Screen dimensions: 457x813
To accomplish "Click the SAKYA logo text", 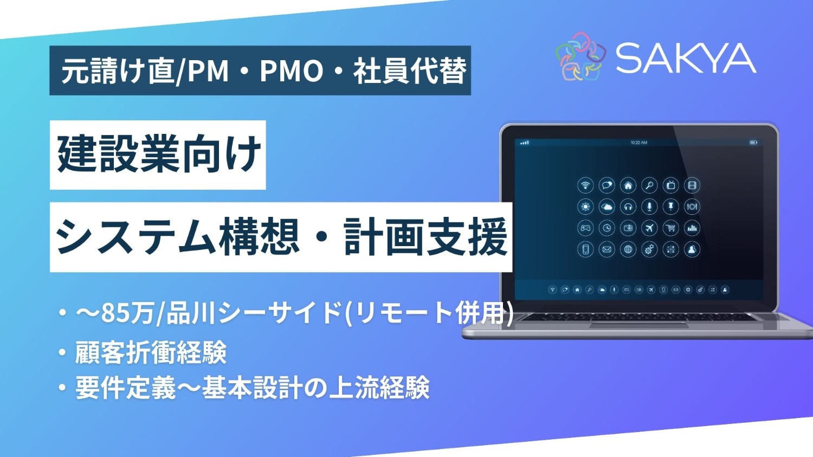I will coord(686,58).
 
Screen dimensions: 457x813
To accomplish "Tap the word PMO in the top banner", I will coord(291,71).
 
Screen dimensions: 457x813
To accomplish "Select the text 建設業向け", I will coord(158,155).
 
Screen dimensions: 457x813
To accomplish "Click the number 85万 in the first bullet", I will coord(128,313).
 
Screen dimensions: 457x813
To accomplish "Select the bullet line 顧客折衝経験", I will coord(151,353).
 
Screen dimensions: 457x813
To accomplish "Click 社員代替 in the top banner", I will coord(410,71).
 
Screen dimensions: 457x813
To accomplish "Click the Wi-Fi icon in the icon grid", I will coord(585,185).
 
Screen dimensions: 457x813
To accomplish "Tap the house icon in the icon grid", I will coord(628,185).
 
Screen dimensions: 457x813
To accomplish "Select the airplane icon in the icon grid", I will coord(649,228).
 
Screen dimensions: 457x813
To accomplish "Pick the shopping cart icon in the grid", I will coord(671,228).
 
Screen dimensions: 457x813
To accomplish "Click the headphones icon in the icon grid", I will coord(628,207).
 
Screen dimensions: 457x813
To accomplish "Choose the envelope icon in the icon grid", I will coord(606,249).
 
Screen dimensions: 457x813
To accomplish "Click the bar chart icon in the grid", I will coord(692,228).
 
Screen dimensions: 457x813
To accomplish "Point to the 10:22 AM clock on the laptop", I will coord(638,143).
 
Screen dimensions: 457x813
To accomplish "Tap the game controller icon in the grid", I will coord(585,228).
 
